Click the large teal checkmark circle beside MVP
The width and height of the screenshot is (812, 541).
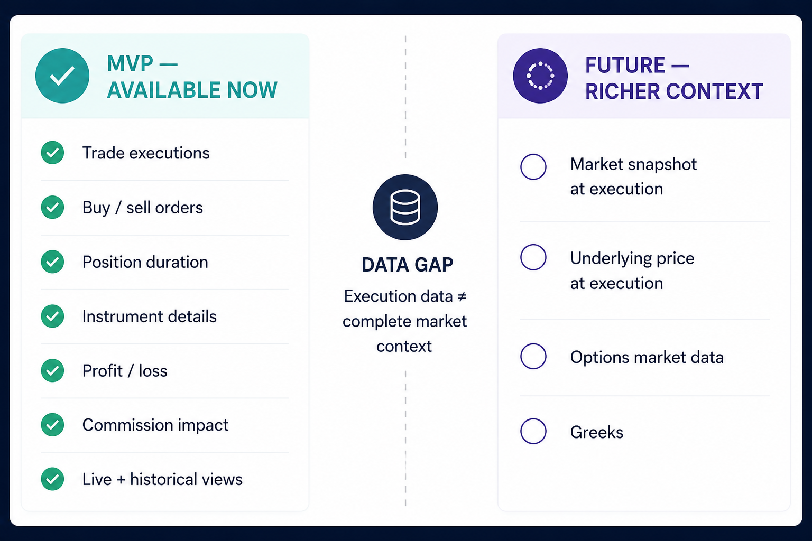pyautogui.click(x=62, y=76)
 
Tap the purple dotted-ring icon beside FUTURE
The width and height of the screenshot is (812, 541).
pyautogui.click(x=540, y=76)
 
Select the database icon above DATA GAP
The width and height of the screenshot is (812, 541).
pyautogui.click(x=405, y=207)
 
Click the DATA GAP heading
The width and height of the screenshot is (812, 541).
pyautogui.click(x=407, y=265)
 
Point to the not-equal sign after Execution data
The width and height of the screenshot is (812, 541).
pyautogui.click(x=462, y=297)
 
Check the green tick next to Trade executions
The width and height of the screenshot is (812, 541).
pyautogui.click(x=52, y=153)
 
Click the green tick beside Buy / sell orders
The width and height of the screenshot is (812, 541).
pyautogui.click(x=52, y=207)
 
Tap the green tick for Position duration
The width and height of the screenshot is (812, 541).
pyautogui.click(x=52, y=262)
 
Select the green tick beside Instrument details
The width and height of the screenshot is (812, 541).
pyautogui.click(x=52, y=316)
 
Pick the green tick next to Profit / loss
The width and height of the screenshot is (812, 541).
pyautogui.click(x=52, y=370)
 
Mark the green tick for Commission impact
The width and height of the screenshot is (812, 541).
pyautogui.click(x=52, y=425)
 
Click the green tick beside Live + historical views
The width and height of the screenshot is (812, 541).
pyautogui.click(x=52, y=479)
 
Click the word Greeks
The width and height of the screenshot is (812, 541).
pyautogui.click(x=597, y=432)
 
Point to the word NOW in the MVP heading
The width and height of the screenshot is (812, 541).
pyautogui.click(x=252, y=90)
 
